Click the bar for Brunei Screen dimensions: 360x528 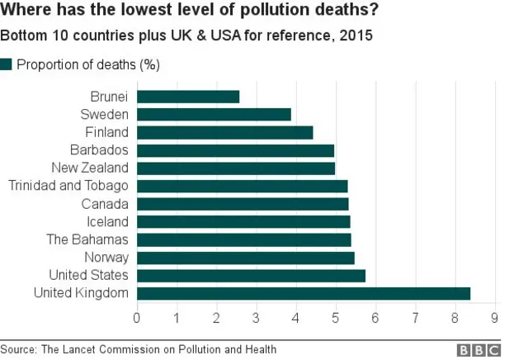point(188,97)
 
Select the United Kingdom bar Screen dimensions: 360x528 point(303,293)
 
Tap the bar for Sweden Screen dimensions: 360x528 point(214,114)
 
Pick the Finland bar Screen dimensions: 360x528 point(224,132)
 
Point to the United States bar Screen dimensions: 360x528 point(251,275)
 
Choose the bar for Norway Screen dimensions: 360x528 point(245,258)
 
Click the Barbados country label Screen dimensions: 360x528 point(99,149)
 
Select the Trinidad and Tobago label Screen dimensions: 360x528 point(68,186)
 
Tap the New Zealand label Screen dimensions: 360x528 point(89,168)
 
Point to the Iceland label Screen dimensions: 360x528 point(107,221)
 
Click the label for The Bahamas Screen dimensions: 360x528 point(87,239)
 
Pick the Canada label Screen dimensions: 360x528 point(105,204)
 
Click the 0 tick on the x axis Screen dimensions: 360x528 point(137,317)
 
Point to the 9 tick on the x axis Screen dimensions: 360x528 point(495,317)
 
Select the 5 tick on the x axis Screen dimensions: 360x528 point(336,317)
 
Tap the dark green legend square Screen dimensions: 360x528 point(7,64)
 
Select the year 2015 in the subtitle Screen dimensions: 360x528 point(356,36)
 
